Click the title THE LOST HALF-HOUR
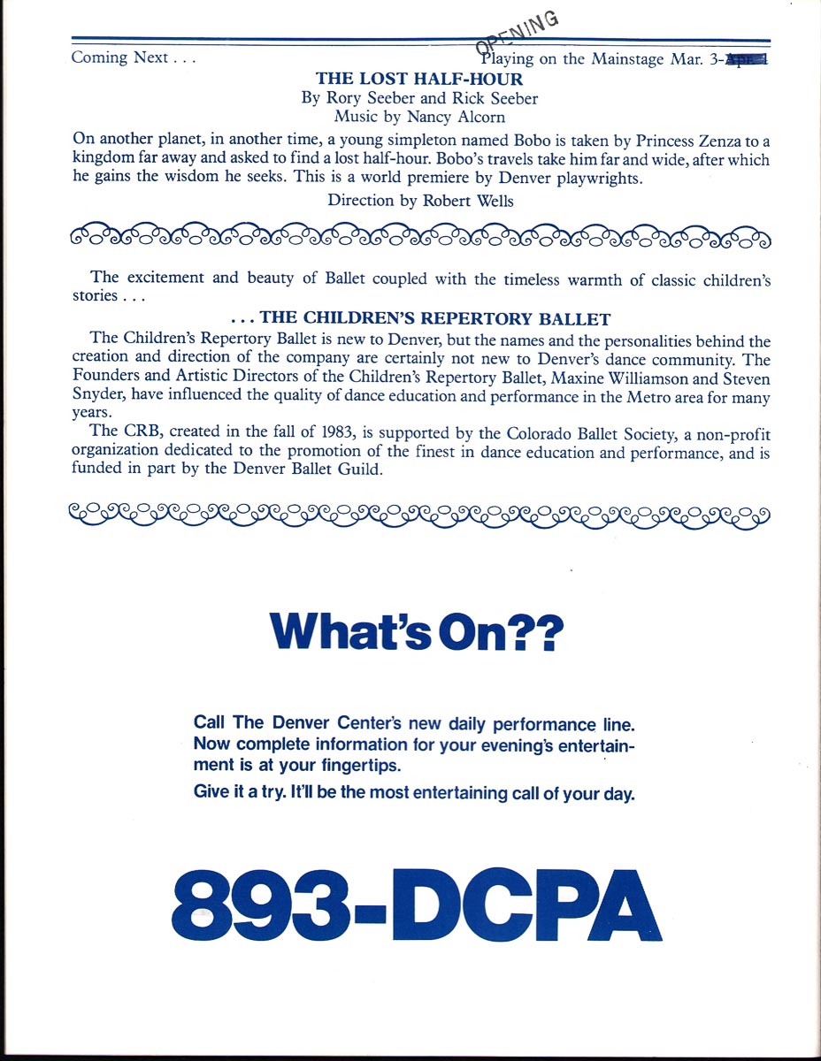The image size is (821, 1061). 419,79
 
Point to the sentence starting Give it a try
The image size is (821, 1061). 414,792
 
